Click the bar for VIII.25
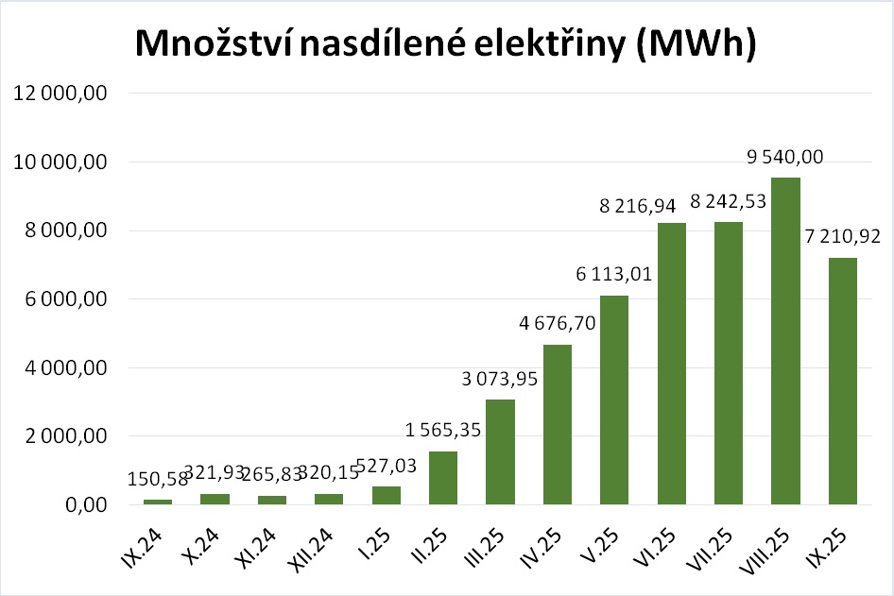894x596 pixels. click(x=785, y=341)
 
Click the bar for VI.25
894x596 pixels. click(x=671, y=364)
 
